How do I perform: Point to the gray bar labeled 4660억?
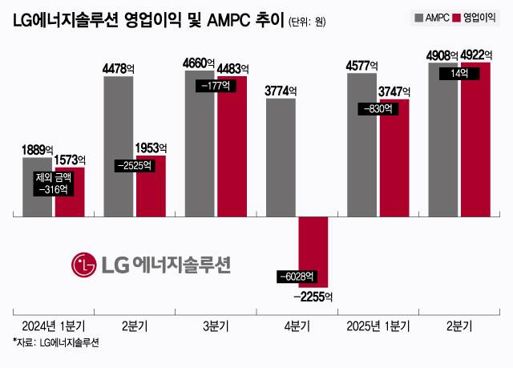pos(200,144)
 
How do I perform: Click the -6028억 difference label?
pos(298,277)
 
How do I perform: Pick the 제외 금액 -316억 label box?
pos(54,184)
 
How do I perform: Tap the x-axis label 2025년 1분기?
pos(378,326)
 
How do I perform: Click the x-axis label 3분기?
pos(216,326)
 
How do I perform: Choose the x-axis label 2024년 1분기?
pos(55,326)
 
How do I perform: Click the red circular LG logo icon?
pos(83,263)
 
